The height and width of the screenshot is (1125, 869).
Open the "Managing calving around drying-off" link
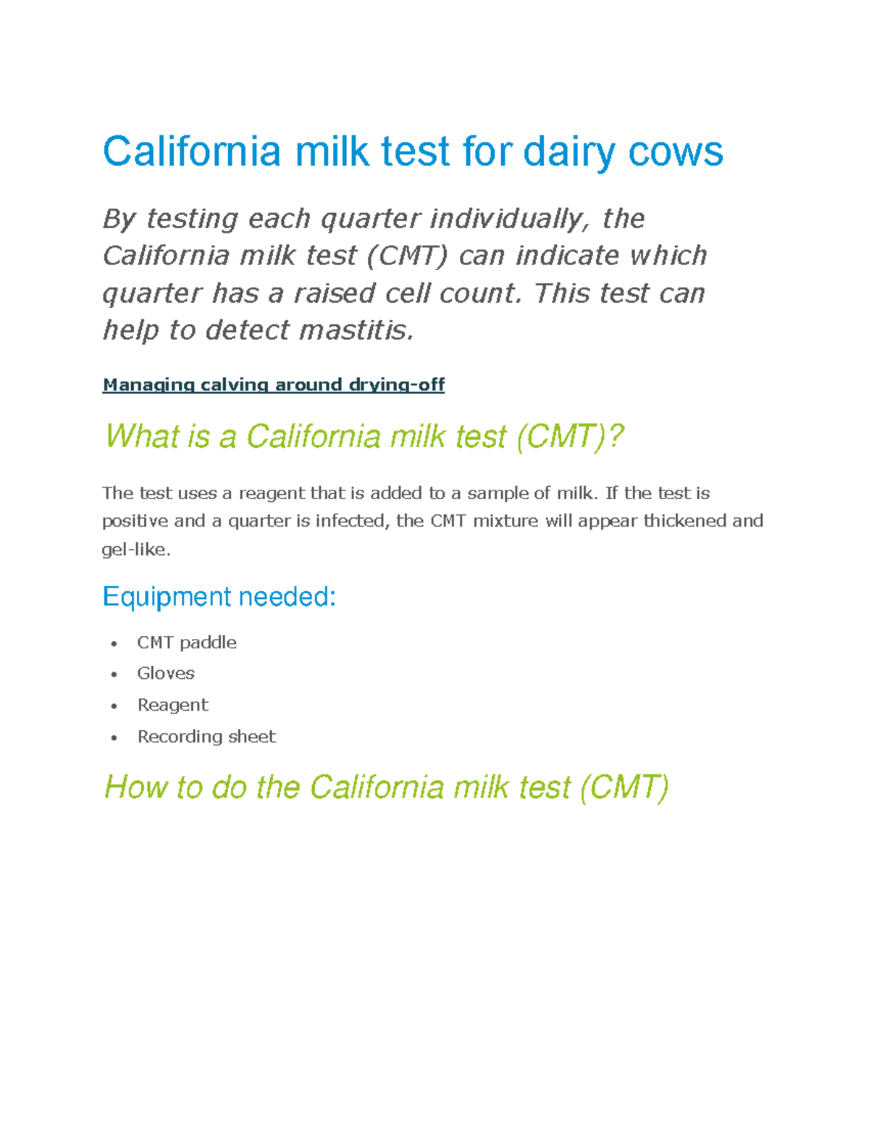[x=273, y=385]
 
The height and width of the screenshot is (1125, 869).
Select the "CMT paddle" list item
[x=187, y=643]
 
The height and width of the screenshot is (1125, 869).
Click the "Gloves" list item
[x=166, y=674]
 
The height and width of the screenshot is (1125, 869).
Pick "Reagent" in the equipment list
[x=172, y=705]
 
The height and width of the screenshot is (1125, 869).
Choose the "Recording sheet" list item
[x=206, y=737]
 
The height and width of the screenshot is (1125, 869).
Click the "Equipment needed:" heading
[x=219, y=597]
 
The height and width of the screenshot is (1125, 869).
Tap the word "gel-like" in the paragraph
[x=135, y=550]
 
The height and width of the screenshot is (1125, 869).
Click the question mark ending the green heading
[x=616, y=437]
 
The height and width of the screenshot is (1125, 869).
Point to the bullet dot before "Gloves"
[x=114, y=674]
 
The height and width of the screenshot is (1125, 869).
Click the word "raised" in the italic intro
[x=335, y=293]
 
